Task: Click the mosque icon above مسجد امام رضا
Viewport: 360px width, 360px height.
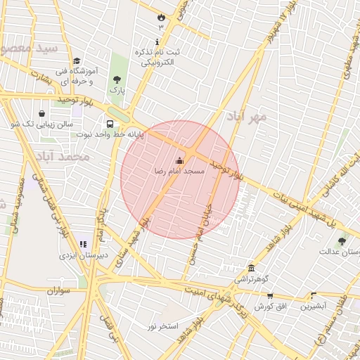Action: [179, 160]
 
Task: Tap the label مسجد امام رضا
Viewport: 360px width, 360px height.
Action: [179, 171]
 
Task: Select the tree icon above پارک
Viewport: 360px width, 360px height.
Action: [117, 80]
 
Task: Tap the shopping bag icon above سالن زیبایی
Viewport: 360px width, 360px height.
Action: [41, 113]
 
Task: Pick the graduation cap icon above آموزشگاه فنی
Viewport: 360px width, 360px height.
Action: [77, 61]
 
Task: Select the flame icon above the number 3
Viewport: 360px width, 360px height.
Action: [161, 16]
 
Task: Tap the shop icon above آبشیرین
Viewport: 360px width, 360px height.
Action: [314, 296]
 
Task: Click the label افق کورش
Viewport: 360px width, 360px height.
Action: [269, 307]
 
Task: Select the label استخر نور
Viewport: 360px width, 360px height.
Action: [162, 326]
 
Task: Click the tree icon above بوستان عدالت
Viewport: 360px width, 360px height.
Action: [342, 241]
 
